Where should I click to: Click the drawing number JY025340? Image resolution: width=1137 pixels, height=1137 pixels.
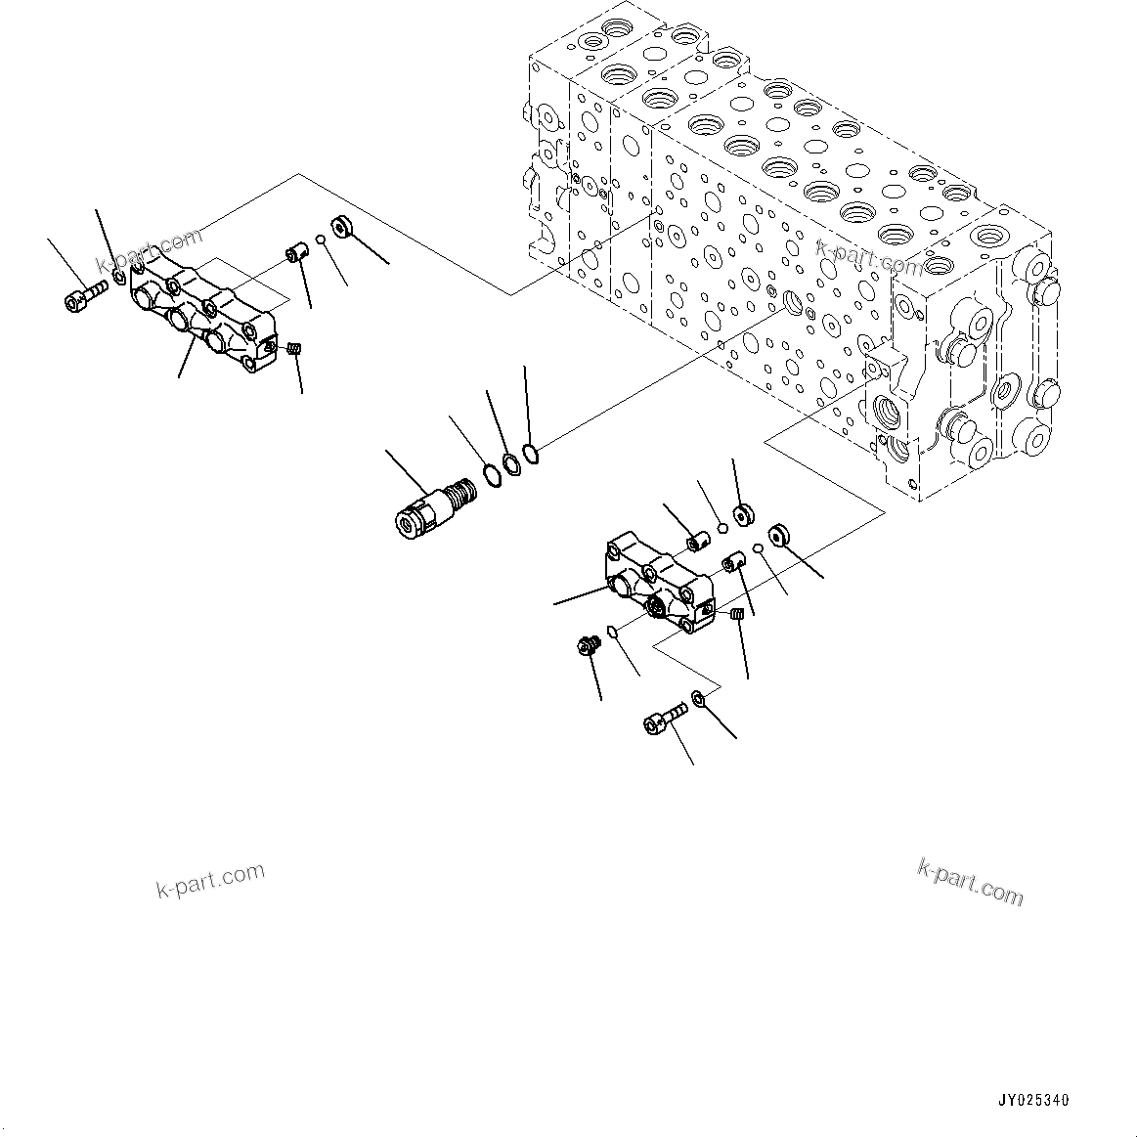pyautogui.click(x=1033, y=1100)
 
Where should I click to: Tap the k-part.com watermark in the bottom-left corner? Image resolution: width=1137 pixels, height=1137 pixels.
pyautogui.click(x=210, y=880)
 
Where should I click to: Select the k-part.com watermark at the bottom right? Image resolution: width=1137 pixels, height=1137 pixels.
pyautogui.click(x=970, y=880)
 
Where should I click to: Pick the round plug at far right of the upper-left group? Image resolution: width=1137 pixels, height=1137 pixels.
pyautogui.click(x=343, y=228)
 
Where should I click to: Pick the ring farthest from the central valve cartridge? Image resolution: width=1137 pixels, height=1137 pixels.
pyautogui.click(x=530, y=454)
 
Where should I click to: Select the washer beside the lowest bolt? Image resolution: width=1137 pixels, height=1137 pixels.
pyautogui.click(x=699, y=698)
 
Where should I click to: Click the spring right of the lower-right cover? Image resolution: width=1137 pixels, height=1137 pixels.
pyautogui.click(x=738, y=614)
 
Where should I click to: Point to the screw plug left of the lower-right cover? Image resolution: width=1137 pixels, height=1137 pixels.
pyautogui.click(x=588, y=645)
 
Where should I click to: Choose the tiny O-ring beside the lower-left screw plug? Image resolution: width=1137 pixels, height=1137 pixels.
pyautogui.click(x=612, y=631)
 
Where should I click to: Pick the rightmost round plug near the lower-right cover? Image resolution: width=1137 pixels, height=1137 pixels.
pyautogui.click(x=779, y=535)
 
